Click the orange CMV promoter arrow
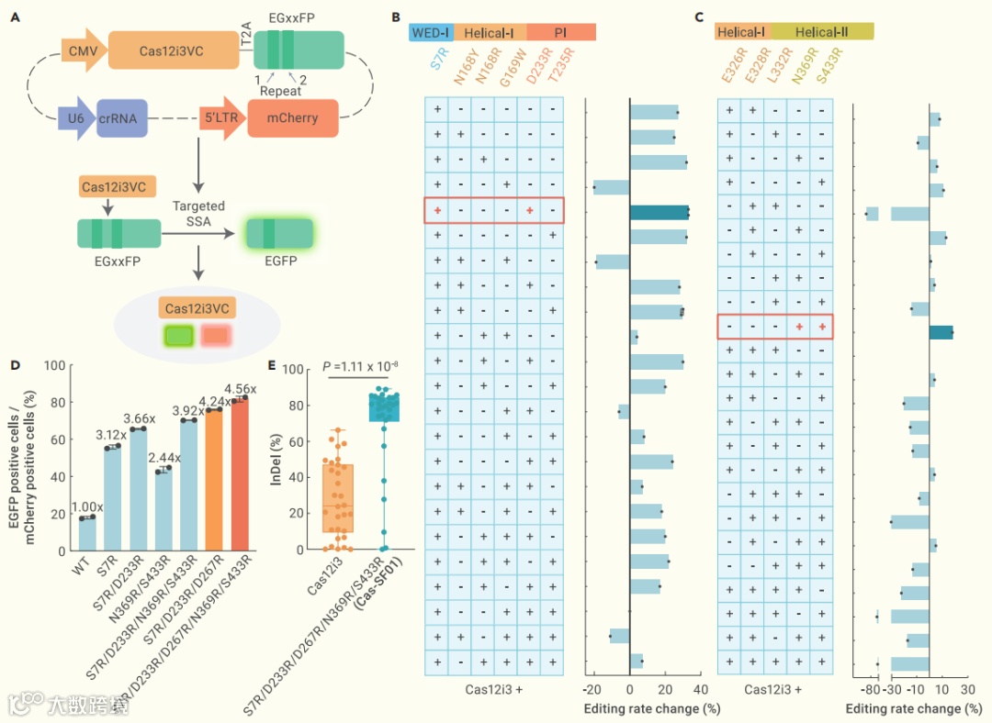pos(81,52)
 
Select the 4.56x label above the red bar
pos(241,389)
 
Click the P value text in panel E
pos(359,367)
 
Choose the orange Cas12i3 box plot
pos(338,498)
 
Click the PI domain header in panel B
pos(561,32)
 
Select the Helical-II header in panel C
pos(822,32)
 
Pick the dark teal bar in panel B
pos(659,212)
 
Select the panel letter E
pos(271,365)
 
